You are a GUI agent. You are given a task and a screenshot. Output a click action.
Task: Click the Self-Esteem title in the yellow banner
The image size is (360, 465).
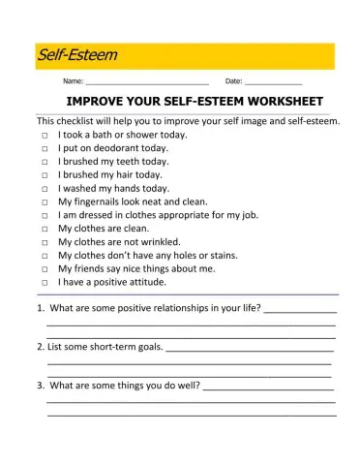pos(76,55)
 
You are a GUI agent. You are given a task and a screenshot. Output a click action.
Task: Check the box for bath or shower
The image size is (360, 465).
pos(45,137)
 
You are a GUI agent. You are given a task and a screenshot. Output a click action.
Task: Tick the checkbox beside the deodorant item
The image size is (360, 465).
pos(45,150)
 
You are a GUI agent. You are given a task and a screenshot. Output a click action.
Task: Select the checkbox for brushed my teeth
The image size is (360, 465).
pos(45,163)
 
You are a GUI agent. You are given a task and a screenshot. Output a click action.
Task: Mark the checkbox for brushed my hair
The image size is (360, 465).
pos(45,176)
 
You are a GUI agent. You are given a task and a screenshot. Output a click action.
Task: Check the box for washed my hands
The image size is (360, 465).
pos(45,190)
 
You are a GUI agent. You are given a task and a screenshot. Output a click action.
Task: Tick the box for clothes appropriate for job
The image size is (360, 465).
pos(45,216)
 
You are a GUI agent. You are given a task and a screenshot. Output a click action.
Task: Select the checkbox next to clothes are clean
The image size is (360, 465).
pos(45,230)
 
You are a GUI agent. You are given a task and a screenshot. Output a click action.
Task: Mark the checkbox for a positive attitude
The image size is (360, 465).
pos(45,283)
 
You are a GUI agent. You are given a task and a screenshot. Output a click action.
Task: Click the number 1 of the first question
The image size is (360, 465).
pos(40,309)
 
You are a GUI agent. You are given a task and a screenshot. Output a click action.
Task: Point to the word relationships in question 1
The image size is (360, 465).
pos(195,309)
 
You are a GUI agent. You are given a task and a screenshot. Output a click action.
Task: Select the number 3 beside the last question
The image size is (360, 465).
pos(40,386)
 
